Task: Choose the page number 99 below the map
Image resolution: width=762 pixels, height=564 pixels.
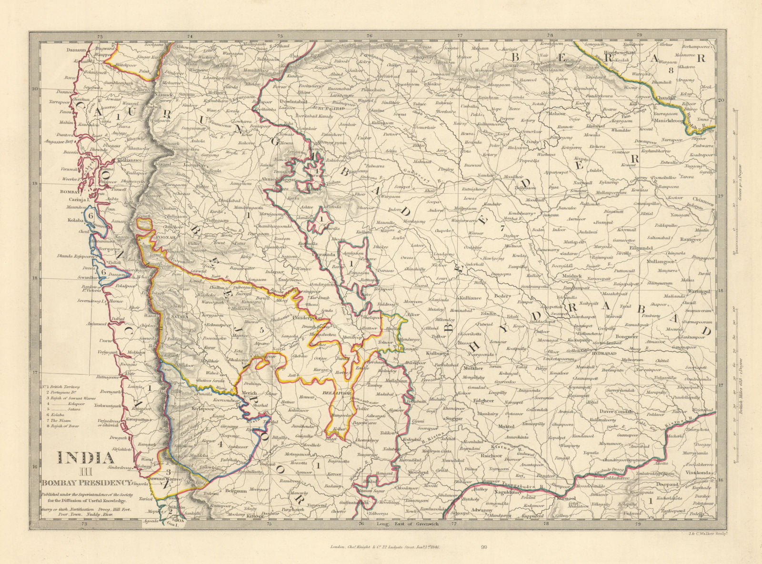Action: point(484,549)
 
